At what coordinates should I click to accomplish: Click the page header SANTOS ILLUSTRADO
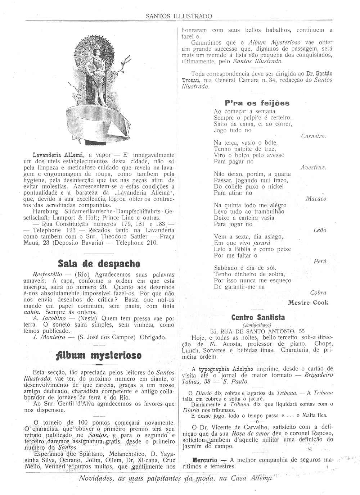[x=179, y=16]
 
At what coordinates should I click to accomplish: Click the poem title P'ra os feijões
[x=257, y=103]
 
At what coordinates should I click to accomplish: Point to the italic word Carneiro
[x=314, y=136]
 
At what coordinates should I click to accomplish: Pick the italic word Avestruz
[x=314, y=168]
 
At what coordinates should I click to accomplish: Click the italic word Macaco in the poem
[x=316, y=199]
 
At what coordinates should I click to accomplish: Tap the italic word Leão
[x=320, y=230]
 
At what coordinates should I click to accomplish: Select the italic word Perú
[x=320, y=262]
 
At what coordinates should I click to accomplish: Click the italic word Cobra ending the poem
[x=318, y=293]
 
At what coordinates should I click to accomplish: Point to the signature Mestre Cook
[x=308, y=303]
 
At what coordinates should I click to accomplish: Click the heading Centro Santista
[x=258, y=317]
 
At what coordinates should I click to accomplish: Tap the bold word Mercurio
[x=205, y=460]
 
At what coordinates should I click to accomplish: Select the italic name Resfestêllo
[x=47, y=274]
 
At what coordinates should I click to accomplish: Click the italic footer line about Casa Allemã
[x=176, y=478]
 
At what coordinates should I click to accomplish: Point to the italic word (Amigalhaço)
[x=257, y=324]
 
